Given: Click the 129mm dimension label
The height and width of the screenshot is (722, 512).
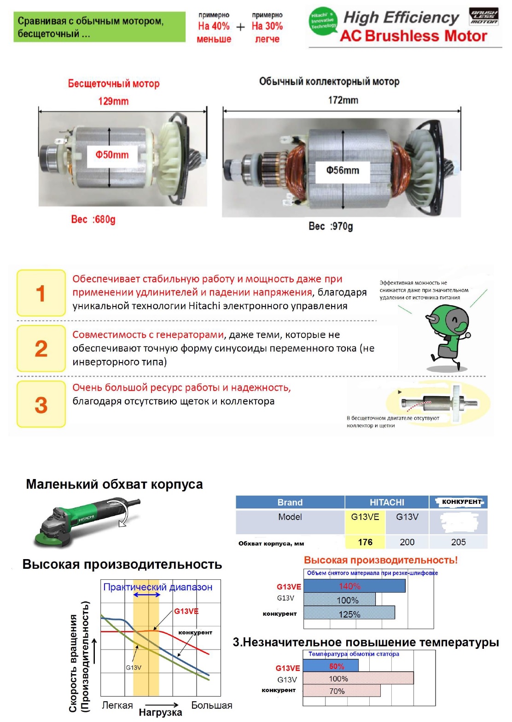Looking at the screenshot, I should click(x=113, y=101).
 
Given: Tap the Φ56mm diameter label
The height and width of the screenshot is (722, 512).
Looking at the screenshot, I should click(x=343, y=171).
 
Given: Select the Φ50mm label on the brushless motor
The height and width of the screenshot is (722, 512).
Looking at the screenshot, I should click(x=112, y=155).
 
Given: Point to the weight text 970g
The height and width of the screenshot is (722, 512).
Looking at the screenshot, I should click(x=331, y=226).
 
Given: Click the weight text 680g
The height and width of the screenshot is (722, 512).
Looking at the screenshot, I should click(x=93, y=219).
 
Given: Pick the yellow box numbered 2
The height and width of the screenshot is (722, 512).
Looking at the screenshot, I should click(x=41, y=348).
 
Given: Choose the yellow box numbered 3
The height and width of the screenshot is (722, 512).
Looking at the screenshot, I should click(x=41, y=404).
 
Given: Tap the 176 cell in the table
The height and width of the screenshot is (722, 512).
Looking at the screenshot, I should click(x=365, y=542).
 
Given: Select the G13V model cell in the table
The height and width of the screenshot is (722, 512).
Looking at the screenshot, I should click(x=407, y=517).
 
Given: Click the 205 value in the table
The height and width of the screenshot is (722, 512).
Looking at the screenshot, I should click(x=458, y=542).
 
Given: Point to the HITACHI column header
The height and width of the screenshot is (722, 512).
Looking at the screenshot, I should click(x=387, y=502).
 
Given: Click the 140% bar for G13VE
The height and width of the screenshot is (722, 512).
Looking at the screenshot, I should click(x=354, y=586).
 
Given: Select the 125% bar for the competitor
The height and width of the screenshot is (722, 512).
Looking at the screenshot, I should click(x=349, y=614).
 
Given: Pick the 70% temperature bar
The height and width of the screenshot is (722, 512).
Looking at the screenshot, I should click(x=341, y=691).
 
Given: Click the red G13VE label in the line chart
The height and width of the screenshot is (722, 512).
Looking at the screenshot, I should click(x=186, y=611).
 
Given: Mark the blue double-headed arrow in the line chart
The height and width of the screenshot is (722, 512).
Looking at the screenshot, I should click(x=146, y=595).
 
